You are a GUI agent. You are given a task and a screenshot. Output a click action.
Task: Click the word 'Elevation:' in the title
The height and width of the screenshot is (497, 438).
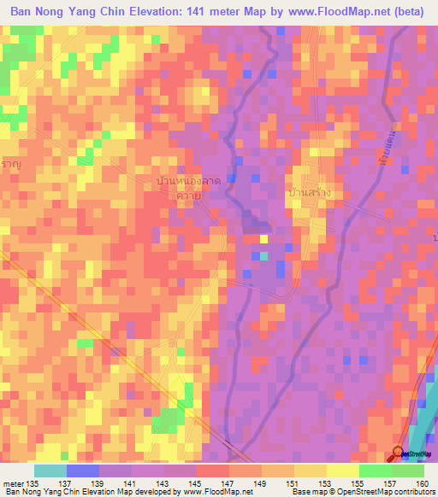click(x=151, y=12)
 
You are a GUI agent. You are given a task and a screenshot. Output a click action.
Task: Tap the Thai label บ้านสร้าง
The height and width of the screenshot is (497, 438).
click(x=309, y=194)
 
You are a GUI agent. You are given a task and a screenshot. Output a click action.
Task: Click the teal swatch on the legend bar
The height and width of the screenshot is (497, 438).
click(x=50, y=471)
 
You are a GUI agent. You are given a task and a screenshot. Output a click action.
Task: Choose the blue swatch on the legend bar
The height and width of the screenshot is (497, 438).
click(x=83, y=471)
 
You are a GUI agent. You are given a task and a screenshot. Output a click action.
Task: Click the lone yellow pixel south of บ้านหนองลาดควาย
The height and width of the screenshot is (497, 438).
click(x=263, y=238)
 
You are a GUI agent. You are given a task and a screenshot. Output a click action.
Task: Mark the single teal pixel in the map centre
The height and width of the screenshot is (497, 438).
click(x=263, y=255)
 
